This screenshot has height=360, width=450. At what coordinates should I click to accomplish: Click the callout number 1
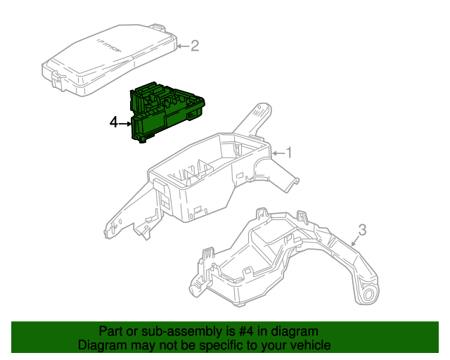pos(288,152)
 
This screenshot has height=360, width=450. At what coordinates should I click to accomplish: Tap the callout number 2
pos(195,46)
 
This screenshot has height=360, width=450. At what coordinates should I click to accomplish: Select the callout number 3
pos(362,229)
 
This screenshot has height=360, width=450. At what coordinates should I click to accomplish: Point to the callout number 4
pos(115,123)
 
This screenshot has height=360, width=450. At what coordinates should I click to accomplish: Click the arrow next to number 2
pos(183,47)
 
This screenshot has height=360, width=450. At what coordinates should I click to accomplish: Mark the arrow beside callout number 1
pos(276,153)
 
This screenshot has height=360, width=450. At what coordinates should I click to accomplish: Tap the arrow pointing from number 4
pos(126,124)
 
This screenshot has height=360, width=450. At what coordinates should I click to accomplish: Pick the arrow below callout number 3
pos(354,241)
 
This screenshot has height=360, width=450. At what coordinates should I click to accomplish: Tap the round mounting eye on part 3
pos(368,293)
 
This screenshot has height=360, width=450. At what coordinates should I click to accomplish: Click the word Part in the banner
pos(111,331)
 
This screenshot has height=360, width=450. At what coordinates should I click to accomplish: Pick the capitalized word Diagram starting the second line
pos(101,345)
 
